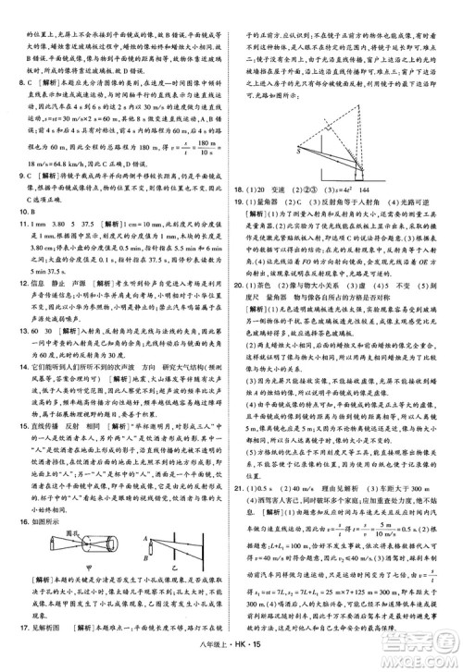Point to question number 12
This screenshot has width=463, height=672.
pyautogui.click(x=12, y=285)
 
